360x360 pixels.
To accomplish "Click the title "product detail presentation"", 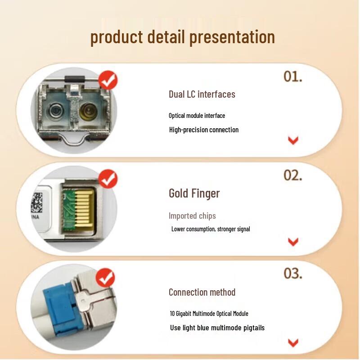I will (x=182, y=37).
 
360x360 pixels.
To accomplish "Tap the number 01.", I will (x=292, y=76).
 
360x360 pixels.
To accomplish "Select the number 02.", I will (x=293, y=175).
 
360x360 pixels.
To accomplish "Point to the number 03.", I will (x=293, y=273).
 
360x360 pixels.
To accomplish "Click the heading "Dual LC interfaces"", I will (x=202, y=94).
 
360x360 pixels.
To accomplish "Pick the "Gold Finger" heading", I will (x=194, y=193).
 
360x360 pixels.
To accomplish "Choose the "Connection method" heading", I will (x=202, y=292).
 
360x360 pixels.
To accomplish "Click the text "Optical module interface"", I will (x=197, y=116).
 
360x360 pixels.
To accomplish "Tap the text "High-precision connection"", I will (x=203, y=130).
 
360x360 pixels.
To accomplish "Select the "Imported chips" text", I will (x=192, y=216).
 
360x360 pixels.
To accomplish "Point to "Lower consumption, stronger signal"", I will (x=210, y=229).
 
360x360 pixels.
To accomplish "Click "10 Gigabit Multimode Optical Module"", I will (x=209, y=314).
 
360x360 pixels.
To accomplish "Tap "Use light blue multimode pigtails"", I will (x=217, y=328).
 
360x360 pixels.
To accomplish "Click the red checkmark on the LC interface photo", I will (x=108, y=81).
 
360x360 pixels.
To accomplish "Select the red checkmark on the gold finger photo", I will (x=108, y=179).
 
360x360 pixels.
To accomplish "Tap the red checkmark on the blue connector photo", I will (x=106, y=277).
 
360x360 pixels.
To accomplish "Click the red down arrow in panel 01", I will (x=293, y=140).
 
